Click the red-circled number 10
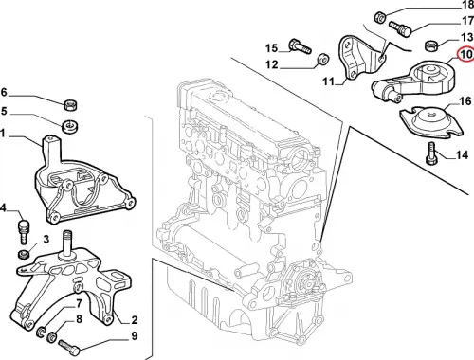pyautogui.click(x=466, y=54)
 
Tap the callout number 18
pyautogui.click(x=468, y=5)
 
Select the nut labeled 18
pyautogui.click(x=379, y=17)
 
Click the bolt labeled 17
pyautogui.click(x=399, y=28)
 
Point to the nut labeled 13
pyautogui.click(x=430, y=46)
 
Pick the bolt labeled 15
pyautogui.click(x=300, y=46)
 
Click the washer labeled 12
pyautogui.click(x=323, y=60)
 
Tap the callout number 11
pyautogui.click(x=328, y=81)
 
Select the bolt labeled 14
pyautogui.click(x=431, y=153)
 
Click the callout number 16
pyautogui.click(x=465, y=101)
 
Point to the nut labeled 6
pyautogui.click(x=71, y=104)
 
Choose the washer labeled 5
pyautogui.click(x=69, y=126)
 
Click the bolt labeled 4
pyautogui.click(x=24, y=231)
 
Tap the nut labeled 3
pyautogui.click(x=23, y=254)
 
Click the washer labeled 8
pyautogui.click(x=52, y=337)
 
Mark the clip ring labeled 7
pyautogui.click(x=41, y=333)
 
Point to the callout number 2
pyautogui.click(x=135, y=320)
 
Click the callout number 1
pyautogui.click(x=3, y=134)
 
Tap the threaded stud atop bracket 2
pyautogui.click(x=66, y=243)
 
